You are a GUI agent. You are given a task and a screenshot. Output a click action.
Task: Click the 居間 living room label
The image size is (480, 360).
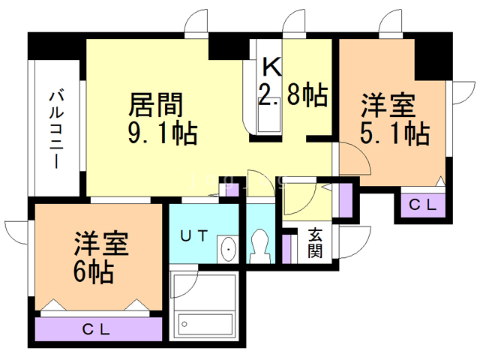click(157, 103)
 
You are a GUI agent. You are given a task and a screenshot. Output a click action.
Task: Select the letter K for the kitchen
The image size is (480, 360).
click(271, 67)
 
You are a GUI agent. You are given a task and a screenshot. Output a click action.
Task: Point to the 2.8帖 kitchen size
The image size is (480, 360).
click(292, 95)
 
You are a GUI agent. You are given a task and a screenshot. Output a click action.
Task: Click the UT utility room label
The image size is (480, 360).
click(193, 235)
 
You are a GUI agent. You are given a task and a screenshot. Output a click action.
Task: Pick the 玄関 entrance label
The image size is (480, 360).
click(316, 242)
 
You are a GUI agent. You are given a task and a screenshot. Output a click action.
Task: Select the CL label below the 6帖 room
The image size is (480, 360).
click(97, 328)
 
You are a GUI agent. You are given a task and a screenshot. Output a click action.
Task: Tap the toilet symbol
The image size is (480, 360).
click(261, 244)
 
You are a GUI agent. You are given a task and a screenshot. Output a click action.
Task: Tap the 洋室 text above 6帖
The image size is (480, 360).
click(100, 244)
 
